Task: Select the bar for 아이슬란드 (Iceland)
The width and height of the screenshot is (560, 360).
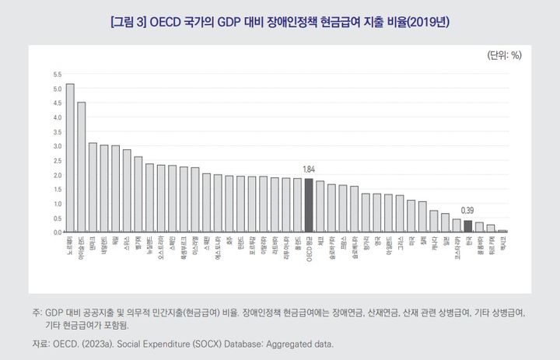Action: click(82, 167)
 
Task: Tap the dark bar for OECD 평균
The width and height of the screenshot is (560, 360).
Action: click(309, 205)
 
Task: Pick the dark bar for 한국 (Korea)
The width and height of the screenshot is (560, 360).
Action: click(467, 226)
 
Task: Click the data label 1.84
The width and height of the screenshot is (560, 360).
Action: click(309, 170)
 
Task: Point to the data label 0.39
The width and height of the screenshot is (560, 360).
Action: click(467, 211)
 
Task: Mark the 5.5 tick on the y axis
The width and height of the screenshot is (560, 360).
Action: click(57, 75)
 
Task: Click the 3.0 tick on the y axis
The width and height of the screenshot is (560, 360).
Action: click(57, 146)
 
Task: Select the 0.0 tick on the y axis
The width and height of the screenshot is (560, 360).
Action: click(57, 232)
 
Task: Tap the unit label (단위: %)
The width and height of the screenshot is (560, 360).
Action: click(504, 56)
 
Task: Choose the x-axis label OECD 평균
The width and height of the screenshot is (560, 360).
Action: click(309, 248)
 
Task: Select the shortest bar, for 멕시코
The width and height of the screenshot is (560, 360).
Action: click(502, 231)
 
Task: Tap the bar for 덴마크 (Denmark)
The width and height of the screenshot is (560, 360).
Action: click(93, 187)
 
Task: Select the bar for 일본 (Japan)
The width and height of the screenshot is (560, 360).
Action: click(445, 222)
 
